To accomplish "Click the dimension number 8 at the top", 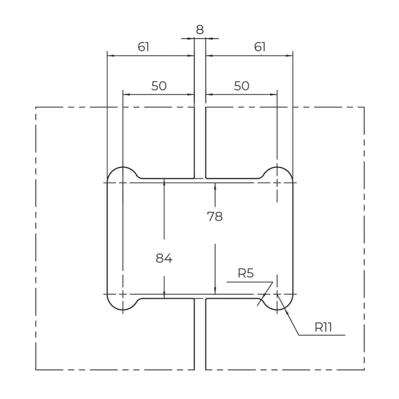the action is [x=200, y=30].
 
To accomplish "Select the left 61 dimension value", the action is [x=143, y=47].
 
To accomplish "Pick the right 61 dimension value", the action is [x=260, y=47].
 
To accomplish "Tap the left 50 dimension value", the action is [x=159, y=86].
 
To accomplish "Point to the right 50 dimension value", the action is [x=242, y=86].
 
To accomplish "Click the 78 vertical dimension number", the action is [x=215, y=217].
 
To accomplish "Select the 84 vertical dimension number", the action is [x=164, y=258].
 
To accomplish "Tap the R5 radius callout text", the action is [x=246, y=273].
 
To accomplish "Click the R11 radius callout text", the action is [x=323, y=327].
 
